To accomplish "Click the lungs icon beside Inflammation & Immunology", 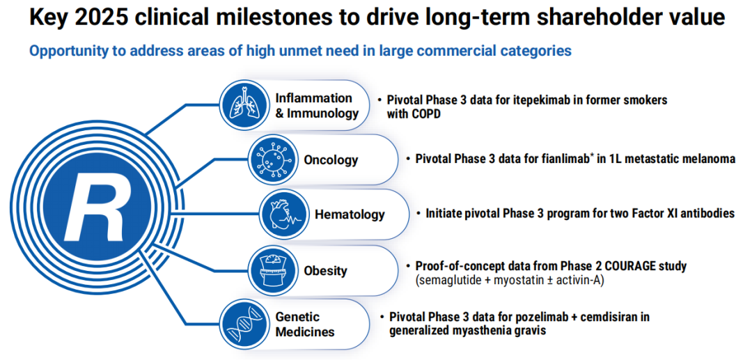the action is click(x=243, y=102).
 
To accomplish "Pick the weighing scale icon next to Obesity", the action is click(x=272, y=270).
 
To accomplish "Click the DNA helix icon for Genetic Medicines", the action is click(x=243, y=324).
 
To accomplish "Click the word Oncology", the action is click(x=331, y=159).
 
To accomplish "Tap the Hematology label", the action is click(x=350, y=214).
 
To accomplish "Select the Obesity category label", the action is click(x=325, y=270).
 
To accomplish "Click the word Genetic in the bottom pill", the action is click(x=297, y=318).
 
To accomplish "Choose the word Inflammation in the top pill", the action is click(x=313, y=97).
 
